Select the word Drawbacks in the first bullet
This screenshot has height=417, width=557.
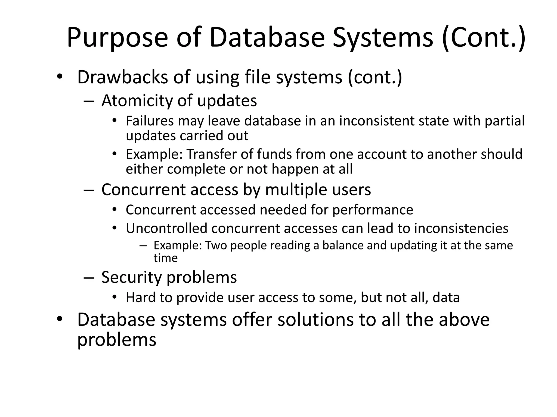123,77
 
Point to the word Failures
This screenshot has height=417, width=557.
150,121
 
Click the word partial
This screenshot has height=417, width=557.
505,121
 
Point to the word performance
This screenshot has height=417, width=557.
373,210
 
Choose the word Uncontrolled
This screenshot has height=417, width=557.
166,228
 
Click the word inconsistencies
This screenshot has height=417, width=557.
461,228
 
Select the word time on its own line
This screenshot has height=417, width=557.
165,258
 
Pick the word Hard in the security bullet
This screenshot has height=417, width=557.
141,298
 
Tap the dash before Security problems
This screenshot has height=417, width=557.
89,278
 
